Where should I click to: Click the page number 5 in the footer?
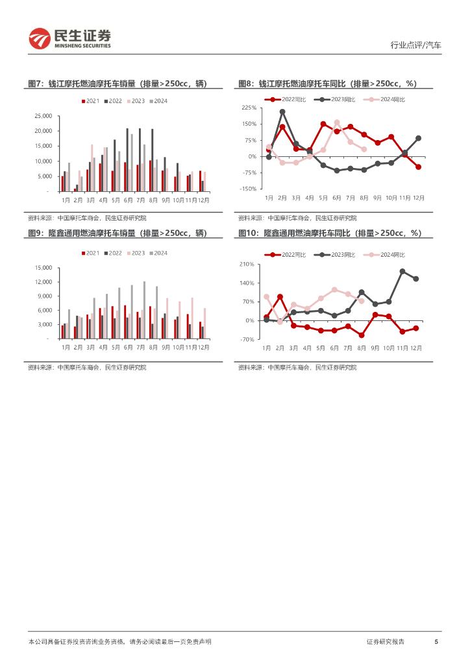tap(436, 641)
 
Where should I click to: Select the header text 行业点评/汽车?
tap(415, 45)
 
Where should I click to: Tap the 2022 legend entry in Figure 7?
tap(113, 101)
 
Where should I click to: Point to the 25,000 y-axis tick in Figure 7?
tap(42, 116)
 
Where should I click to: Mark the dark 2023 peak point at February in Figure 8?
tap(282, 112)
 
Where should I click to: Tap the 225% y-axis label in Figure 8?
tap(249, 108)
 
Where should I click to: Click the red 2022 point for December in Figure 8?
tap(418, 167)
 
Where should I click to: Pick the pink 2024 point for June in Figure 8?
tap(337, 122)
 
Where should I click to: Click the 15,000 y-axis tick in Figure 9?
tap(42, 268)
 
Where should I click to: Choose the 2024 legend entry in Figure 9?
tap(158, 253)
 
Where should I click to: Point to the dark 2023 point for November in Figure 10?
tap(402, 271)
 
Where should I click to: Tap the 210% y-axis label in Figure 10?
tap(247, 265)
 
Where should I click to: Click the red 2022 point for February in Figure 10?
tap(280, 297)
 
